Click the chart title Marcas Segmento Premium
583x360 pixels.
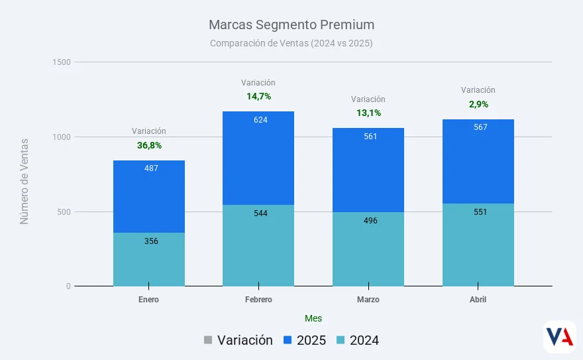pos(291,25)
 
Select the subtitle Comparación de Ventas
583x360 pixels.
pos(291,43)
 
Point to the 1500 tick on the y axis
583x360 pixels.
pos(62,62)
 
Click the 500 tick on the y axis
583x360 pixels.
pos(64,212)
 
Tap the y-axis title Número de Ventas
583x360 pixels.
pos(25,181)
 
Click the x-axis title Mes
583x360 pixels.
pos(313,318)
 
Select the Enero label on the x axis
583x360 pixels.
pos(148,300)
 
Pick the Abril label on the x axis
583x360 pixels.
pos(478,300)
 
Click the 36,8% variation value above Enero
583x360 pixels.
pos(149,145)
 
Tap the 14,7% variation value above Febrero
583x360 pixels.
pos(258,97)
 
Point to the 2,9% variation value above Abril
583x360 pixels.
pos(478,104)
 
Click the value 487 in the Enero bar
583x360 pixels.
pos(151,168)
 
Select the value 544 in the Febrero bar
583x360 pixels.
pos(261,213)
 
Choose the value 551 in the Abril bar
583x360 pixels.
pos(480,212)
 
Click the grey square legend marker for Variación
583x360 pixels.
pos(208,340)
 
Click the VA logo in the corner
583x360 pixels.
pos(559,337)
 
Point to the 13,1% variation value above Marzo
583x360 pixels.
pos(368,113)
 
